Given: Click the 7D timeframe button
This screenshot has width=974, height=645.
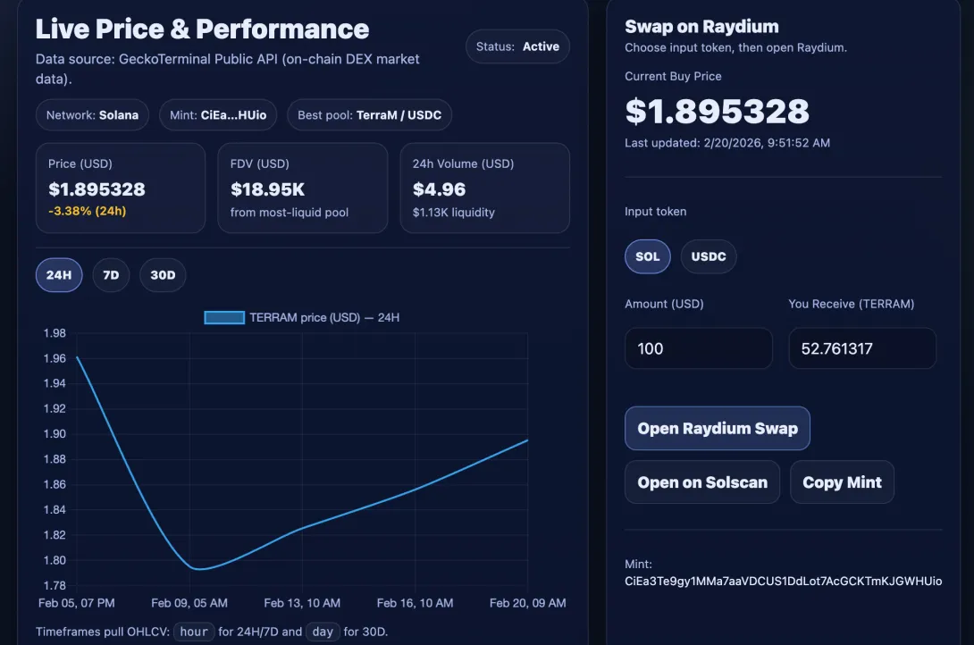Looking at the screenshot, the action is click(x=111, y=275).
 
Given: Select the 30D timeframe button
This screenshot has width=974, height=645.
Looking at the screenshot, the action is click(x=163, y=275).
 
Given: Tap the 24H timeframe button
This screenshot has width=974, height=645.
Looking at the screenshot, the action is click(x=59, y=275).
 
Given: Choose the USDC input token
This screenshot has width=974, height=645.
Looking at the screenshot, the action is click(x=708, y=256).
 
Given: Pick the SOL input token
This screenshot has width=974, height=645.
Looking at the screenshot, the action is click(x=647, y=256).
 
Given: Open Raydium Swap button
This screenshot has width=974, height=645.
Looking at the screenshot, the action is click(x=718, y=428).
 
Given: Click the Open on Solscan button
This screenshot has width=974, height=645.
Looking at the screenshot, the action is click(x=702, y=482).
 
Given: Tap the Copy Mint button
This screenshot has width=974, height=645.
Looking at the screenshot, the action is click(x=842, y=482).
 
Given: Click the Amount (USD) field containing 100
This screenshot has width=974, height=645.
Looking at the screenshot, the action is click(x=699, y=348).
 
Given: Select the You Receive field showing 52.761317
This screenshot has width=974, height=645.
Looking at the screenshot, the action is click(x=862, y=348).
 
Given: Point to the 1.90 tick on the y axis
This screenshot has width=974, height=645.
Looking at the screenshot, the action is click(x=55, y=434).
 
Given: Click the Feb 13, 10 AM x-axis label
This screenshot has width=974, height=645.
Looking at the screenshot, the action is click(x=302, y=603).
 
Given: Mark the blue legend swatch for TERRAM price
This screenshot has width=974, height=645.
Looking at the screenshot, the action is click(x=224, y=318).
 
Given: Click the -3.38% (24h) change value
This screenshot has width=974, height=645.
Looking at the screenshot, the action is click(x=87, y=211).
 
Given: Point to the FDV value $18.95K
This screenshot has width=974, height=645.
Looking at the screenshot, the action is click(x=268, y=189).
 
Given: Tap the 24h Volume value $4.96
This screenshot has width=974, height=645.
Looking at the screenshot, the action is click(x=439, y=189).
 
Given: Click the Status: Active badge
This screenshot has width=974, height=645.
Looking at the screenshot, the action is click(x=517, y=46).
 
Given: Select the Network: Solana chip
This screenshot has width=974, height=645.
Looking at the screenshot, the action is click(x=92, y=115).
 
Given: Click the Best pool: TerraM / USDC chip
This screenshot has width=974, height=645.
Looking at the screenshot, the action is click(x=369, y=115).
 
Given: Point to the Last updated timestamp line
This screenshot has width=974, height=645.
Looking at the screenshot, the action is click(x=727, y=143).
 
